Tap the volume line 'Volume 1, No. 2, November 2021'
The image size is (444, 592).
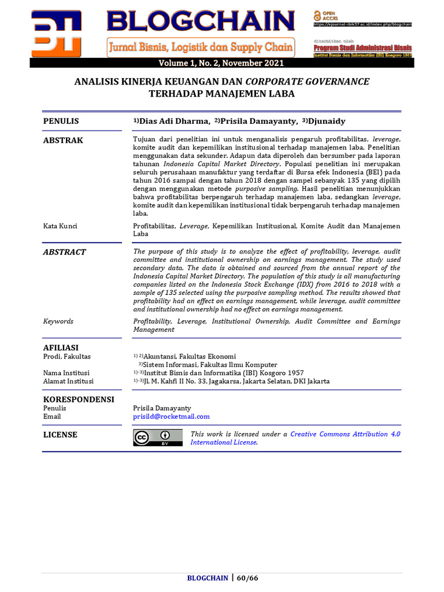coord(222,63)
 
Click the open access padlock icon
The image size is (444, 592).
coord(317,15)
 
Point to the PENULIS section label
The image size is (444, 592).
coord(61,121)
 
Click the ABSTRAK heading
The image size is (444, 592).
coord(63,140)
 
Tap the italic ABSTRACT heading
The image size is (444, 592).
coord(64,252)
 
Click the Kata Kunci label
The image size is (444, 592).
coord(60,226)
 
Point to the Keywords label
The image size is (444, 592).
coord(58,321)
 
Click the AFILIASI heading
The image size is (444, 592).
coord(61,347)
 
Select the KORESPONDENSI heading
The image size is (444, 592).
coord(79,399)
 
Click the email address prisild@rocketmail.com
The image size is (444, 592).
coord(171,416)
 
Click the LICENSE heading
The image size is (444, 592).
coord(60,435)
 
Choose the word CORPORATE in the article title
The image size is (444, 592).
coord(276,82)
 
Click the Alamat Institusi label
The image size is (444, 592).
coord(68,381)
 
